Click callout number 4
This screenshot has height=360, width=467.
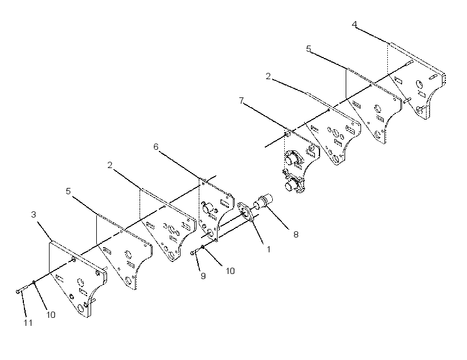tap(354, 24)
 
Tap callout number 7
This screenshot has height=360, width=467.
tap(241, 101)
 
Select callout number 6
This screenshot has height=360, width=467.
tap(156, 147)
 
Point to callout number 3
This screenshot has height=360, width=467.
tap(34, 214)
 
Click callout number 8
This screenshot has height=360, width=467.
tap(296, 235)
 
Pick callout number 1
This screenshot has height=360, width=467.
tap(269, 249)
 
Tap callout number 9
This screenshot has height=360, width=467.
tap(203, 276)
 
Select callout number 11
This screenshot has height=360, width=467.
tap(28, 323)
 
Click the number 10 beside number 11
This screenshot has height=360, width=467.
tap(51, 315)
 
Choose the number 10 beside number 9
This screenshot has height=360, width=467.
tap(230, 271)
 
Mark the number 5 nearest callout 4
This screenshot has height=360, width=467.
tap(309, 48)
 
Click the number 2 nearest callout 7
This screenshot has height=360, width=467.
tap(268, 76)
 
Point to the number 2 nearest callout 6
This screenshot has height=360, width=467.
tap(110, 165)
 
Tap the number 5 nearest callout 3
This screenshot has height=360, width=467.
tap(68, 191)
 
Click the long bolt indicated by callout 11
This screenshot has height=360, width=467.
tap(22, 289)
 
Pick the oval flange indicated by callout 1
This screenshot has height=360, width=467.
tap(246, 212)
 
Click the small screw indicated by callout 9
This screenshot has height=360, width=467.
tap(194, 252)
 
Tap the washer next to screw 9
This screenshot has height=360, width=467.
tap(203, 247)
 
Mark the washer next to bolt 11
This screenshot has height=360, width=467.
tap(34, 281)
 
